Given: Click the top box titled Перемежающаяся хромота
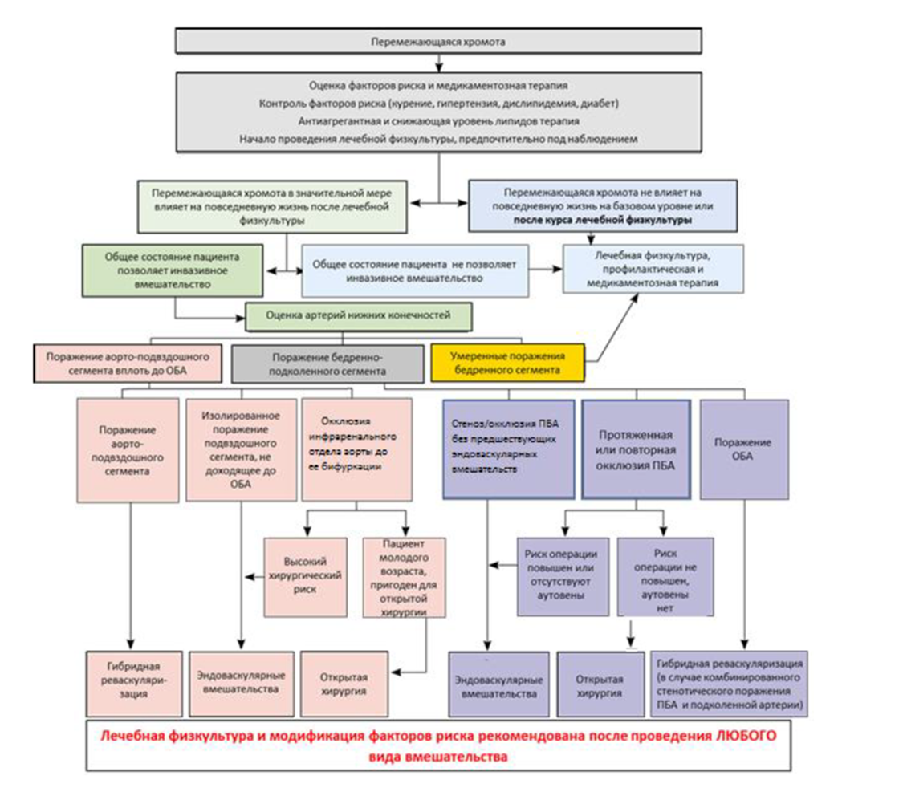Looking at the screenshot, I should click(x=438, y=41).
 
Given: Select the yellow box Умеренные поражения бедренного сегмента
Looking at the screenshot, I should click(x=508, y=363).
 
